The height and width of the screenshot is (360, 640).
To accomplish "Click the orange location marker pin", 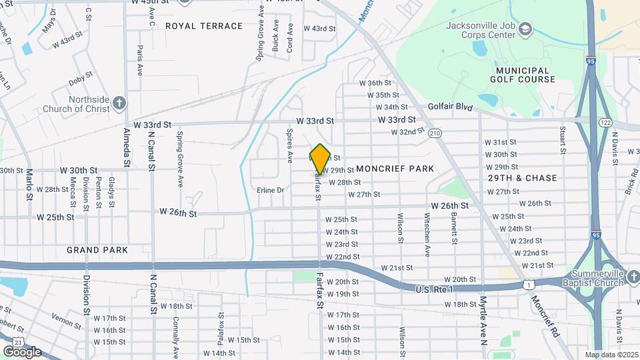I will coord(320,159).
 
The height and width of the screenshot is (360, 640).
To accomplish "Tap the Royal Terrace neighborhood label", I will coord(204,26).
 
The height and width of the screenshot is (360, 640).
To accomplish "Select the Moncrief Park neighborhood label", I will coord(395,169).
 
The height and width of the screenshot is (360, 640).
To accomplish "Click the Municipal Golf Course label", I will coord(523,75).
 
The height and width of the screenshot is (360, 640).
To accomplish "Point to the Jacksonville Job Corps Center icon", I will coord(525,29).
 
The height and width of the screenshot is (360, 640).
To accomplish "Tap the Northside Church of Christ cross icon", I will coord(119,103).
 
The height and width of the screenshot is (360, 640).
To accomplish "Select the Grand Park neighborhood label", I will coord(97,250).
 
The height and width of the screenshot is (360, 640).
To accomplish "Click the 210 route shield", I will coord(435,133).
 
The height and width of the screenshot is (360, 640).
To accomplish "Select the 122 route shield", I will coord(605,123).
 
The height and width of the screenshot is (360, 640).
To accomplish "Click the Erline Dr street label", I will coord(270,190).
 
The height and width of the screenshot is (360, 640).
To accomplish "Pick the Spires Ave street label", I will coord(289,145).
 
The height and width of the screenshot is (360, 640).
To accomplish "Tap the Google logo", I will coord(22,351).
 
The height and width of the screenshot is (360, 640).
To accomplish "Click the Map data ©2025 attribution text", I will coord(611,355).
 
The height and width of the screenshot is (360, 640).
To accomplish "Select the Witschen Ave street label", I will coord(427,234).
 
